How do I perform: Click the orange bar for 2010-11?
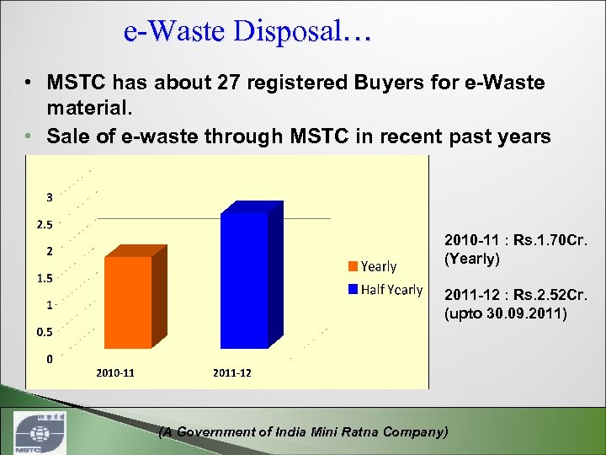click(129, 302)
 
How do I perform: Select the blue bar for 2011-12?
click(244, 281)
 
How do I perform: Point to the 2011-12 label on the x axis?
click(232, 372)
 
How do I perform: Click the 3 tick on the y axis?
click(50, 197)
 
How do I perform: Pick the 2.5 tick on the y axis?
click(44, 225)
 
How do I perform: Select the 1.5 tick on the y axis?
click(44, 278)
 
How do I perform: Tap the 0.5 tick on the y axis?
click(44, 331)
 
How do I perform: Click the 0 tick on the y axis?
click(50, 358)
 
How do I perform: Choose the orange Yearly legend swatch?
click(353, 266)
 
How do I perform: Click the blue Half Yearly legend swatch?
click(353, 290)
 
